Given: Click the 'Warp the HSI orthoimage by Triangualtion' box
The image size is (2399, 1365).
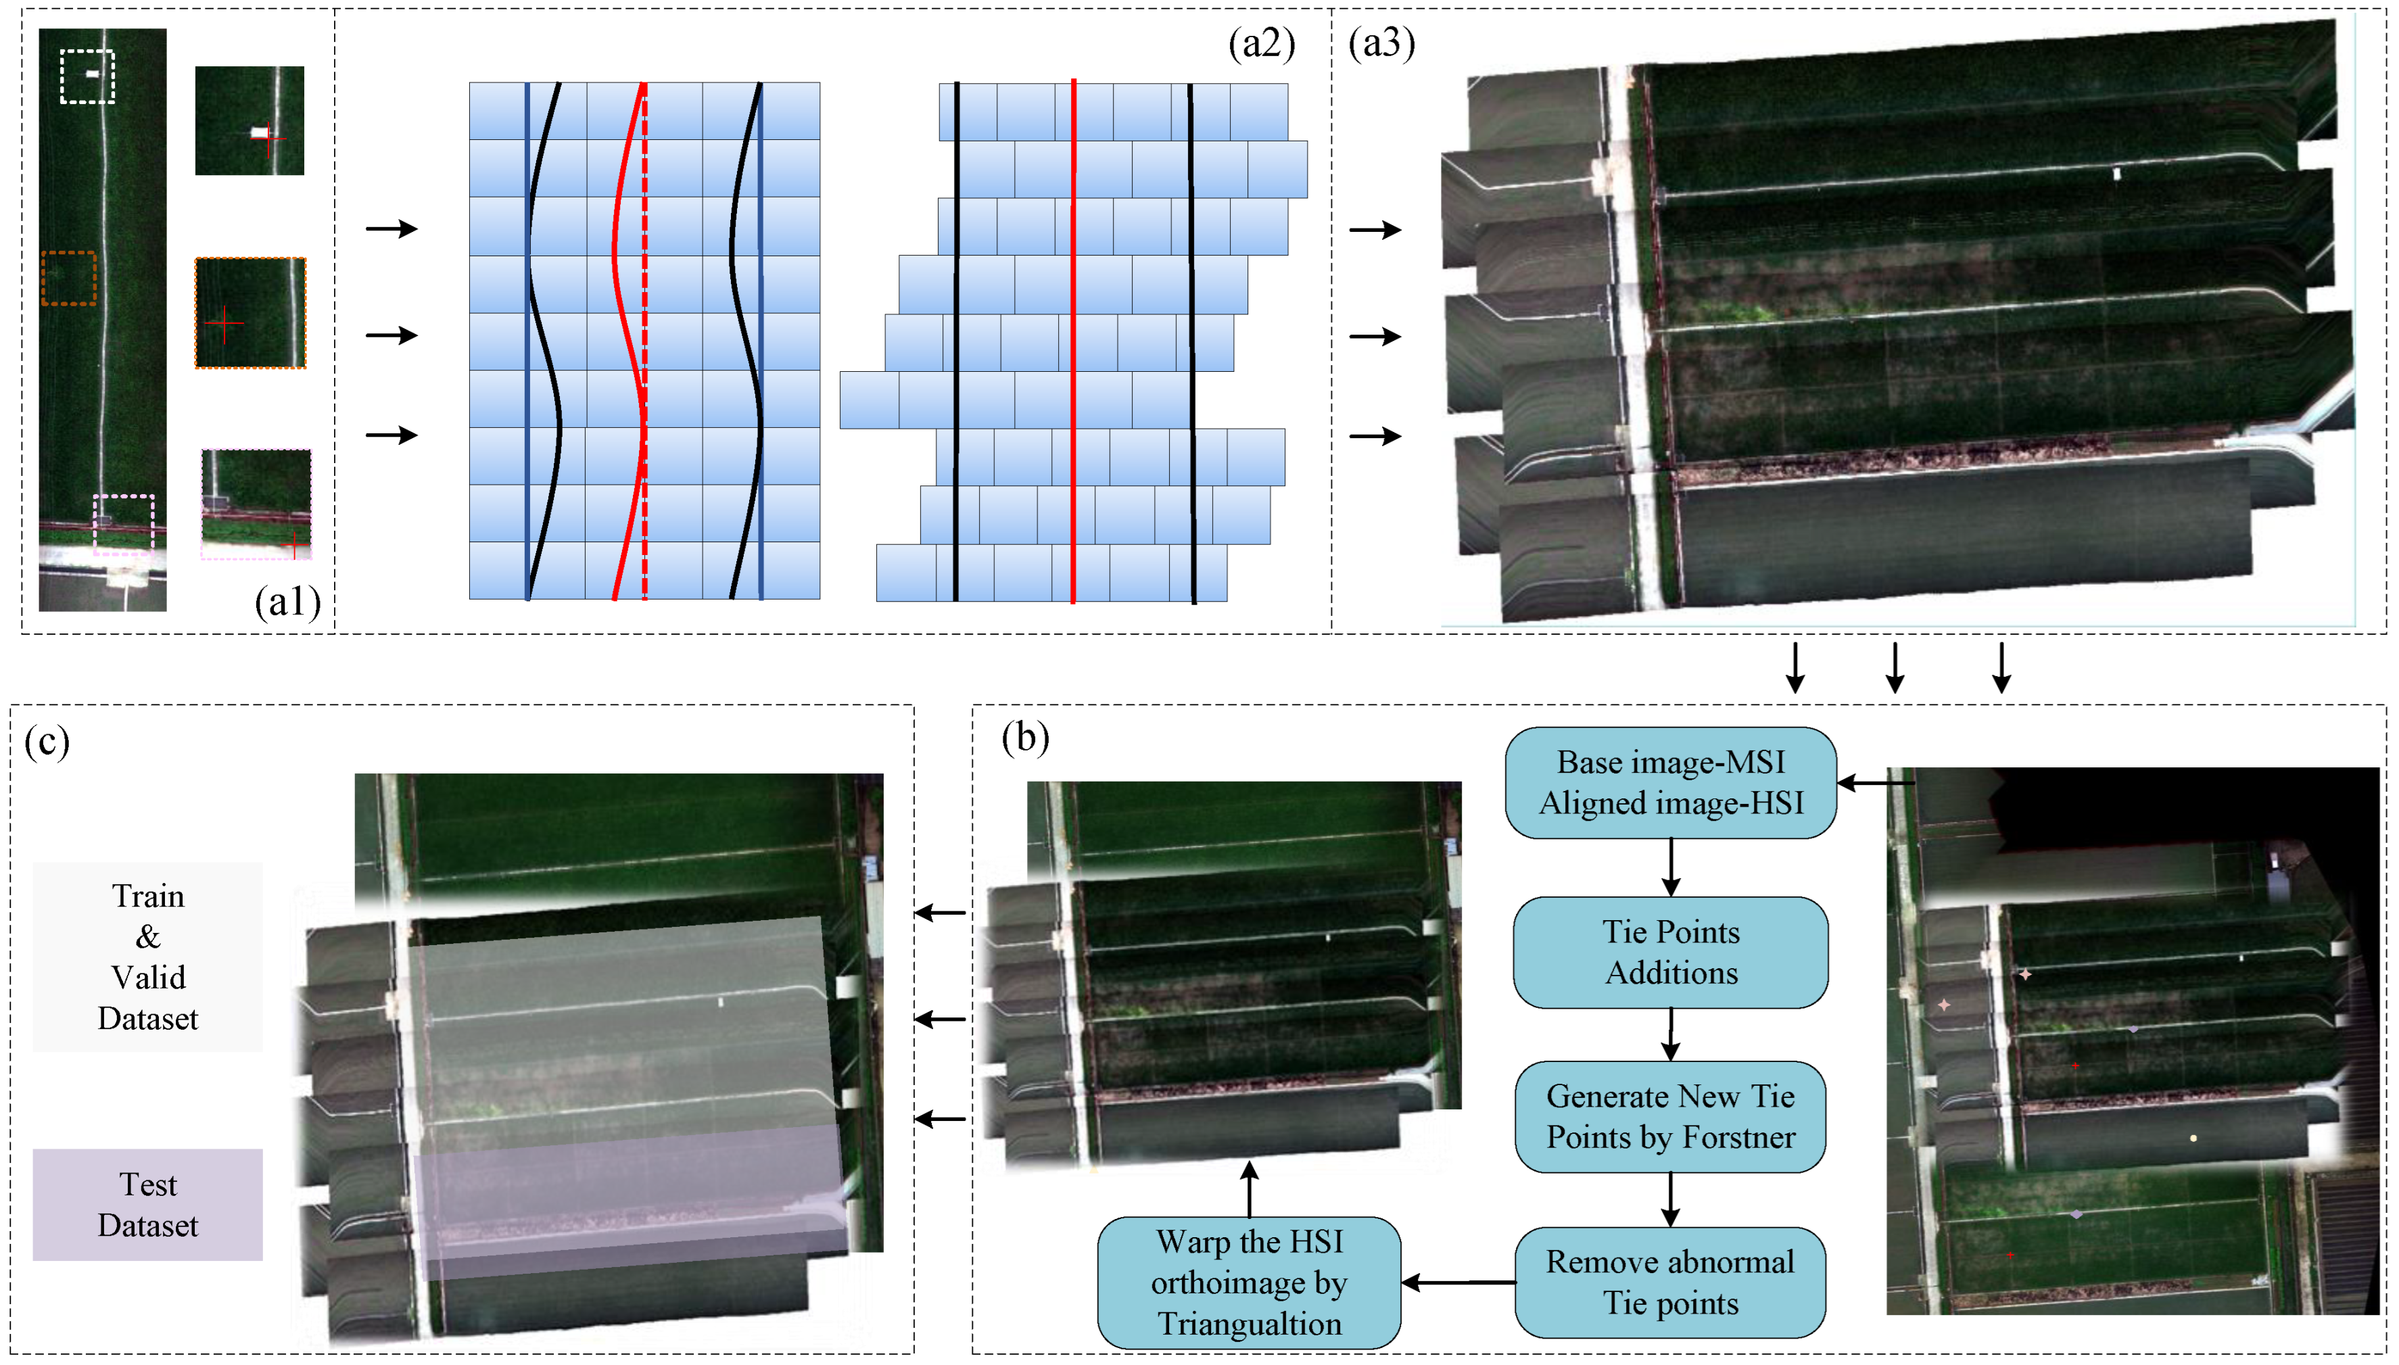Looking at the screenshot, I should point(1249,1283).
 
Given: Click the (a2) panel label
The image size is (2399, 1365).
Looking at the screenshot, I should point(1261,43).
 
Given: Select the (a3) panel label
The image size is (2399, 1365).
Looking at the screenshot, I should point(1381,43).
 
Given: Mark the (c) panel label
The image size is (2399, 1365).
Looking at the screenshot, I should point(47,742).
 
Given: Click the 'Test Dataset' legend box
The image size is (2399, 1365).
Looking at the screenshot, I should point(147,1205).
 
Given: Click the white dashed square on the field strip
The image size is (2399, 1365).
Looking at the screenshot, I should point(87,76).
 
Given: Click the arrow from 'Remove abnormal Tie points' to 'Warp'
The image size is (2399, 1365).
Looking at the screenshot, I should point(1458,1283).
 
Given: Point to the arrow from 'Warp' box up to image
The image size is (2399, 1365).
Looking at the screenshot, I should point(1249,1189).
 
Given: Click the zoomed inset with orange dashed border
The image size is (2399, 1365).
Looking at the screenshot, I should point(250,313).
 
